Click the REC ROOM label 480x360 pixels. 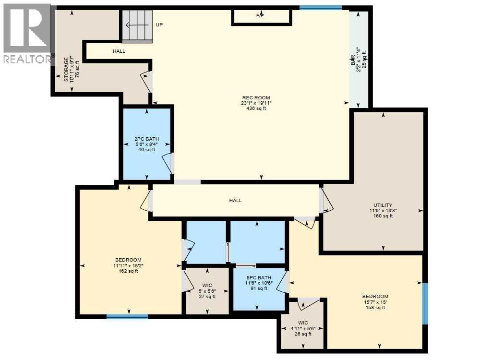(255, 98)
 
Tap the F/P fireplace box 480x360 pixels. (261, 16)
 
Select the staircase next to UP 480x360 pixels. (137, 25)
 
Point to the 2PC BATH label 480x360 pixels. (146, 139)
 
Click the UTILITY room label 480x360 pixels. (383, 205)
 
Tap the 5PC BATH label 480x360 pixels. (259, 277)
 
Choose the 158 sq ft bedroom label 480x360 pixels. (375, 296)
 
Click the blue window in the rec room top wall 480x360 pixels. (320, 8)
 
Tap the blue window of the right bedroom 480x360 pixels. (425, 304)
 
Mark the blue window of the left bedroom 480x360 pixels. (127, 316)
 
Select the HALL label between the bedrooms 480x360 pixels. (235, 201)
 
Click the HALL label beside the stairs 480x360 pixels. (119, 51)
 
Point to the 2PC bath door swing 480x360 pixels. (168, 163)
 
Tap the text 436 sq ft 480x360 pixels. (255, 108)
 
